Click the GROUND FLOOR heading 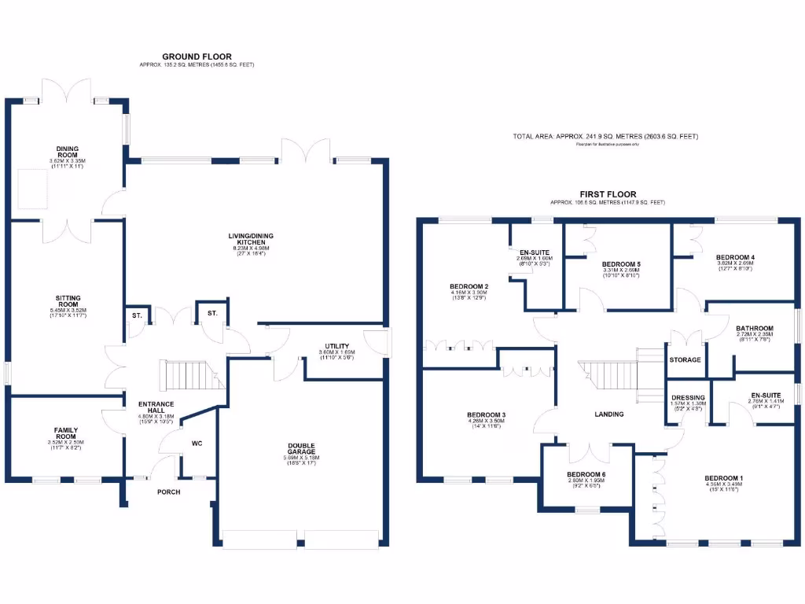click(x=192, y=56)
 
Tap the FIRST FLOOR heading click(x=608, y=193)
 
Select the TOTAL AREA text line click(x=605, y=137)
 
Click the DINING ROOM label click(x=67, y=151)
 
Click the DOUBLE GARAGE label click(x=301, y=449)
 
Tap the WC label click(x=197, y=444)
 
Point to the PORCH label click(x=168, y=492)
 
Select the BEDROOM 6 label click(x=586, y=475)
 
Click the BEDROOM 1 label click(x=723, y=478)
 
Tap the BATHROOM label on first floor click(x=754, y=329)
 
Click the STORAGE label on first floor click(x=685, y=360)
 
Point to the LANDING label click(x=609, y=414)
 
